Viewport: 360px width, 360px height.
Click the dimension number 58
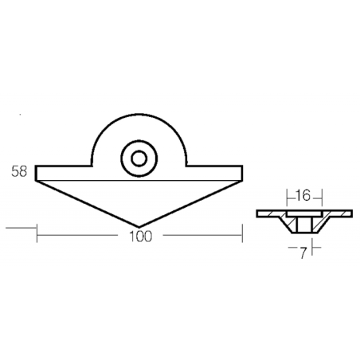pyautogui.click(x=19, y=171)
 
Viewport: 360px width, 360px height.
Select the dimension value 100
pyautogui.click(x=140, y=237)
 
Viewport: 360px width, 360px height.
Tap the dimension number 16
pyautogui.click(x=303, y=196)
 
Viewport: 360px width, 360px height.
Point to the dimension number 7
pyautogui.click(x=303, y=253)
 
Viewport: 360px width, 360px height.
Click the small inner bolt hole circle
pyautogui.click(x=139, y=158)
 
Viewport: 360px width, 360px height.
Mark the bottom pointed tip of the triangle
pyautogui.click(x=139, y=227)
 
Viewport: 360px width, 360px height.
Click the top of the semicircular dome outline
pyautogui.click(x=139, y=115)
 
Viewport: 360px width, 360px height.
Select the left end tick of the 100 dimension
pyautogui.click(x=37, y=233)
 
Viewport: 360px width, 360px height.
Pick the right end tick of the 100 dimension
pyautogui.click(x=242, y=233)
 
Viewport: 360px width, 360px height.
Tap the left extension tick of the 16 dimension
pyautogui.click(x=287, y=198)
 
